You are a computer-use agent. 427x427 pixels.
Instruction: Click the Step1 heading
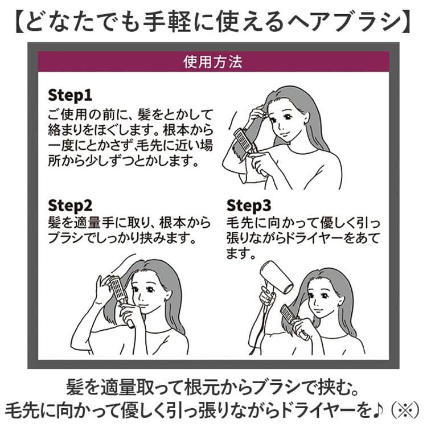point(70,95)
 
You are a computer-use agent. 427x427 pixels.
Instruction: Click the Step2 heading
point(70,206)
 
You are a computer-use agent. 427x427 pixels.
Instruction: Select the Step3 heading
point(249,206)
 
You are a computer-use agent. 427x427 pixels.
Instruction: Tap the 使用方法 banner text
point(213,62)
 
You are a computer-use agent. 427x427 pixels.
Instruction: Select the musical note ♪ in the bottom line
point(379,410)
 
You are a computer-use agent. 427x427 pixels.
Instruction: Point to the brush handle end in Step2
point(131,325)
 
